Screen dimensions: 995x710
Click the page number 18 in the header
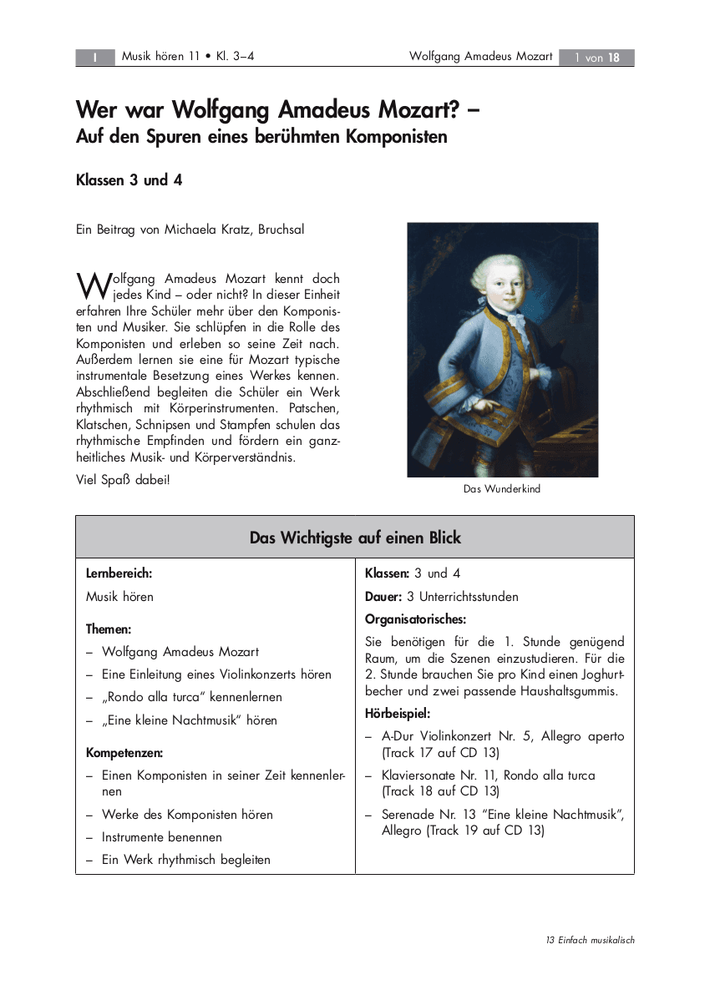pyautogui.click(x=614, y=58)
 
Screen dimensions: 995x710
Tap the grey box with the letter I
pyautogui.click(x=95, y=58)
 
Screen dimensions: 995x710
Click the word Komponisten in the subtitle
pyautogui.click(x=396, y=136)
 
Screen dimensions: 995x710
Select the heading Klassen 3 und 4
pyautogui.click(x=129, y=180)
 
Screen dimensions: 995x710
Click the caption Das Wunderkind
pyautogui.click(x=502, y=489)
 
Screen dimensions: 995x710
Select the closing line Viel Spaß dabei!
pyautogui.click(x=123, y=480)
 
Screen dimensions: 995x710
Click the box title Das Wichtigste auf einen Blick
pyautogui.click(x=355, y=538)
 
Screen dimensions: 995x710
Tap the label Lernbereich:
pyautogui.click(x=119, y=573)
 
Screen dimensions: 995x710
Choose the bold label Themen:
pyautogui.click(x=109, y=629)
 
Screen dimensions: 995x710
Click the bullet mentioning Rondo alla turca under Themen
pyautogui.click(x=192, y=697)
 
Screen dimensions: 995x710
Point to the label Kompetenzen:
pyautogui.click(x=124, y=753)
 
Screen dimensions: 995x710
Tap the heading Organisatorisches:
pyautogui.click(x=415, y=619)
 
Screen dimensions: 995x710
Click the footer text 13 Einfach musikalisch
pyautogui.click(x=590, y=940)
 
